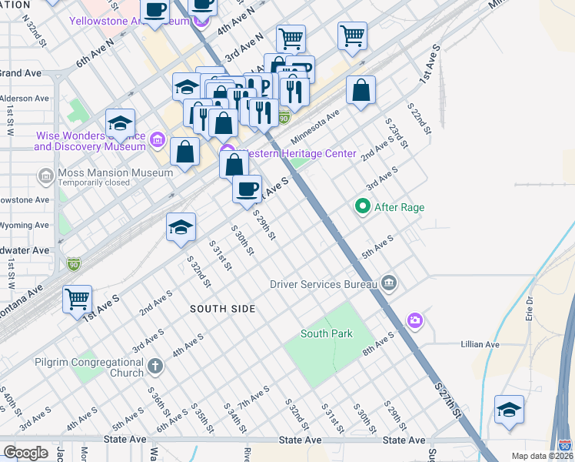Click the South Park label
point(326,333)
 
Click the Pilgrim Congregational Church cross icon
point(155,367)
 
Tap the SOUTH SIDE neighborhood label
point(223,309)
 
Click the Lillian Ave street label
point(480,344)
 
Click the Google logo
point(25,453)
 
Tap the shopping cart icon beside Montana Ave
point(77,298)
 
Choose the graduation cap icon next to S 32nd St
point(181,227)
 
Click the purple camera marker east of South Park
point(415,320)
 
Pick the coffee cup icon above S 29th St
point(247,189)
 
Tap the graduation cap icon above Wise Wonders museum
point(120,122)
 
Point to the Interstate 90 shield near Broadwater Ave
point(73,263)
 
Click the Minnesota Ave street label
point(315,126)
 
